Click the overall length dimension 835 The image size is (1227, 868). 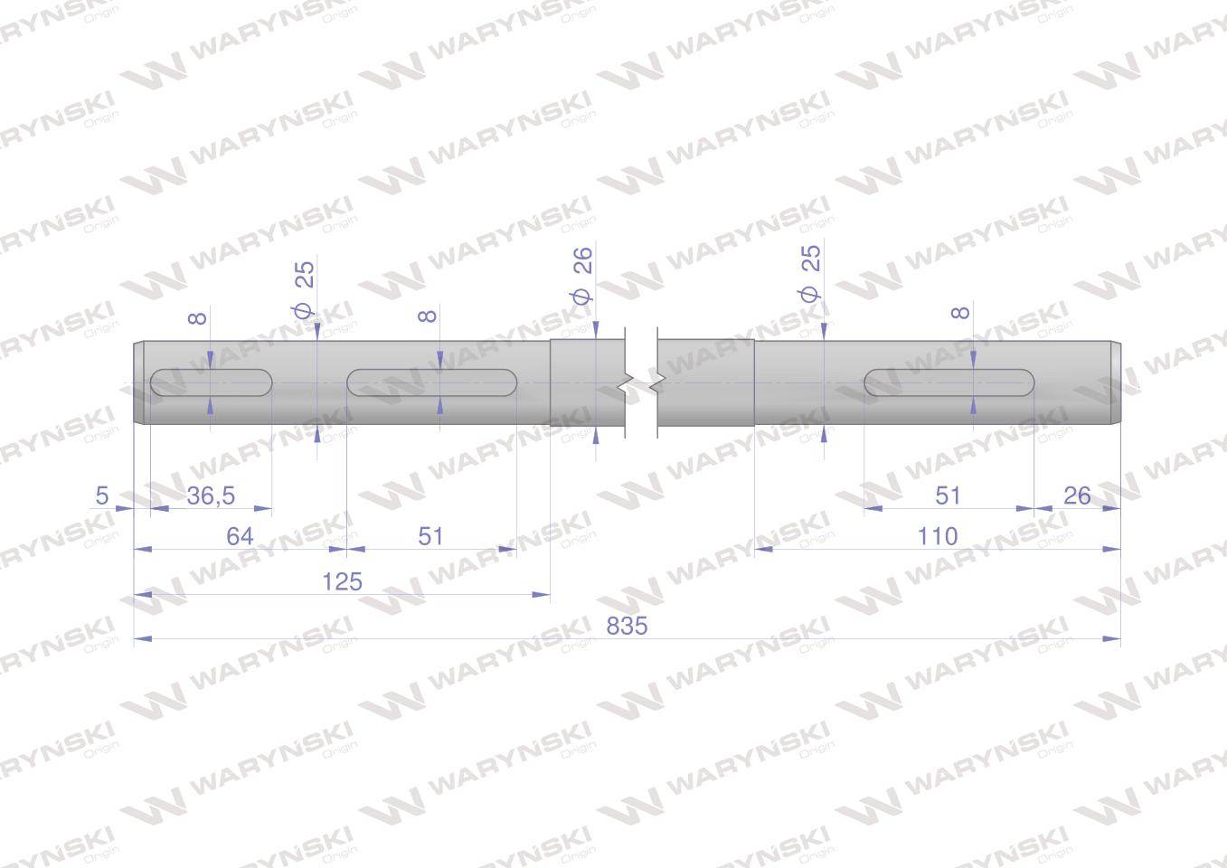tap(627, 626)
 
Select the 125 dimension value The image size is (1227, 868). tap(342, 581)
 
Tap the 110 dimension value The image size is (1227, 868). tap(938, 536)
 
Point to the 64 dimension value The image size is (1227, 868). tap(240, 536)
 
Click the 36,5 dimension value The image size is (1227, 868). tap(211, 495)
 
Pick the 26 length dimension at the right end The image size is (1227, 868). tap(1077, 495)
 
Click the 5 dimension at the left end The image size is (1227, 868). tap(102, 495)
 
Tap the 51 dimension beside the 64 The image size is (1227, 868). tap(430, 536)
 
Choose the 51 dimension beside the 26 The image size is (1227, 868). tap(948, 495)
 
